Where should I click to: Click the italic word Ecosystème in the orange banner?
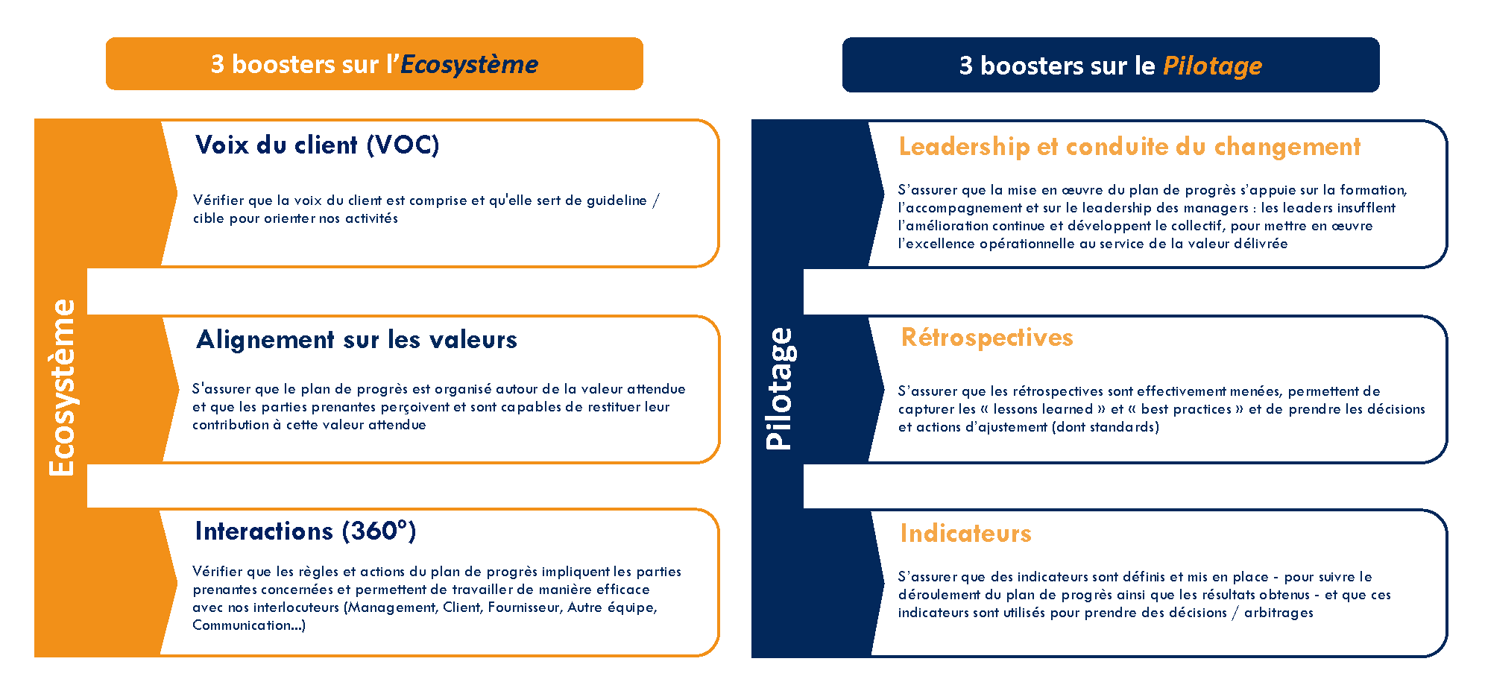pyautogui.click(x=469, y=65)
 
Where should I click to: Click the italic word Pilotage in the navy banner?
pyautogui.click(x=1212, y=66)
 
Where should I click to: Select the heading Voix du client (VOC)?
pyautogui.click(x=317, y=145)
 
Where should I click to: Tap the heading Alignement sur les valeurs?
pyautogui.click(x=356, y=340)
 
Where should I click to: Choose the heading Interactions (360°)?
pyautogui.click(x=306, y=531)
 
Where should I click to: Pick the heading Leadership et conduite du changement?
pyautogui.click(x=1129, y=147)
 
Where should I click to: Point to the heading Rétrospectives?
pyautogui.click(x=987, y=338)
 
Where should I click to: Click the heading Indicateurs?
pyautogui.click(x=965, y=533)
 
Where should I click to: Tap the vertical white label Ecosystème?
pyautogui.click(x=63, y=388)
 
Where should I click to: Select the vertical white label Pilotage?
pyautogui.click(x=780, y=388)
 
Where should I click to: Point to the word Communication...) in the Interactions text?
pyautogui.click(x=249, y=625)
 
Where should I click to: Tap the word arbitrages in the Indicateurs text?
pyautogui.click(x=1279, y=613)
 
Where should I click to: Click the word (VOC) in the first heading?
pyautogui.click(x=403, y=145)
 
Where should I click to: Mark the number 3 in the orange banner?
pyautogui.click(x=217, y=65)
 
